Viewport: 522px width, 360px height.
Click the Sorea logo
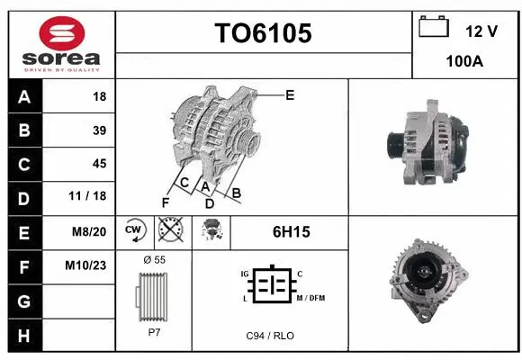click(61, 43)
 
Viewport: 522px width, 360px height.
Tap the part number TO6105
click(263, 34)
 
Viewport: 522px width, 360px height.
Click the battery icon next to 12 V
click(434, 28)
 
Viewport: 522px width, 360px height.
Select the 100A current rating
click(464, 61)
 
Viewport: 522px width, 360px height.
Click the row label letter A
click(23, 96)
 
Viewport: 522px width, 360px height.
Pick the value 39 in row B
click(99, 130)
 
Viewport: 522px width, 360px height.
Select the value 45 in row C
click(99, 164)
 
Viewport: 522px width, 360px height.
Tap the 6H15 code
click(291, 232)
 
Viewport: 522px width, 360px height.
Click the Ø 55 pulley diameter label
click(154, 259)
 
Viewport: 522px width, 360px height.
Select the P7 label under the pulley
click(154, 331)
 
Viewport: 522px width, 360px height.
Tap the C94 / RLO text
click(270, 336)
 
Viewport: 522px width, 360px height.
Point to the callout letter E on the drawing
click(290, 94)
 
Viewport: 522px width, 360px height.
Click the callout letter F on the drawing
click(166, 202)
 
